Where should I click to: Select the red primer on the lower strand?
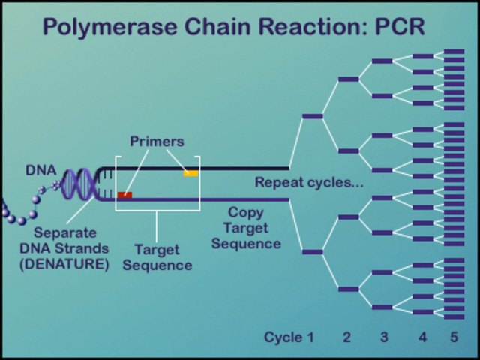pyautogui.click(x=124, y=195)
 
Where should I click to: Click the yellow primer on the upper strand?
pyautogui.click(x=191, y=173)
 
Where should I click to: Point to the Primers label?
pyautogui.click(x=157, y=142)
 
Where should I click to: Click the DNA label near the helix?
pyautogui.click(x=40, y=170)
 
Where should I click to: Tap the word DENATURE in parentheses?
pyautogui.click(x=65, y=264)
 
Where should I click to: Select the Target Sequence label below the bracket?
pyautogui.click(x=157, y=257)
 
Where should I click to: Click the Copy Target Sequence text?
pyautogui.click(x=246, y=228)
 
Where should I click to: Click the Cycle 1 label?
pyautogui.click(x=289, y=337)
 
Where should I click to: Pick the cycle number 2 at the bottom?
pyautogui.click(x=346, y=337)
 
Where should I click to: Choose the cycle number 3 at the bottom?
pyautogui.click(x=384, y=337)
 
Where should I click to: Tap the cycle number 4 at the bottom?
pyautogui.click(x=422, y=337)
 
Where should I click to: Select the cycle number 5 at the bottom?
pyautogui.click(x=454, y=337)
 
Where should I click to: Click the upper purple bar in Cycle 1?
pyautogui.click(x=312, y=116)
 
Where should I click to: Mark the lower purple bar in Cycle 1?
pyautogui.click(x=312, y=252)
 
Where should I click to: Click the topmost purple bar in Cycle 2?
pyautogui.click(x=348, y=79)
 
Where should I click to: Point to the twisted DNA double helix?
pyautogui.click(x=79, y=184)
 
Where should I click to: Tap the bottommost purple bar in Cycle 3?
pyautogui.click(x=382, y=307)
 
